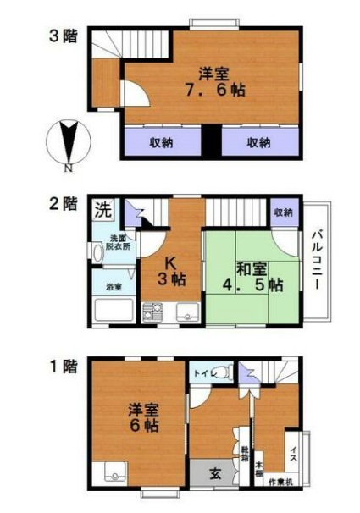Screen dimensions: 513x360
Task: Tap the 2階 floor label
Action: coord(61,203)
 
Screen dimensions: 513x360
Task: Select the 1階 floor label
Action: coord(61,367)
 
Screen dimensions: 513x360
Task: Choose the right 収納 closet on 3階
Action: coord(259,142)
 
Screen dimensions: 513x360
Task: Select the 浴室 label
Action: coord(113,287)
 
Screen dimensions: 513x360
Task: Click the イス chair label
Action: coord(293,452)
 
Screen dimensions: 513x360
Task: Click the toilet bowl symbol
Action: coord(221,372)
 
